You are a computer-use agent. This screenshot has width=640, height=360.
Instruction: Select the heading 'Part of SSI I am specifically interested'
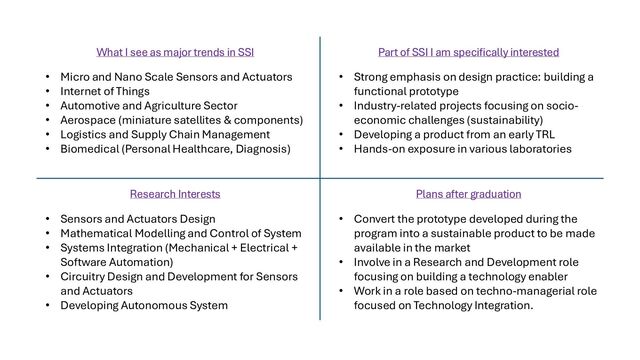[x=468, y=51]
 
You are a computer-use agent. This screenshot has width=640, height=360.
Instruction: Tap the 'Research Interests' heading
[x=174, y=194]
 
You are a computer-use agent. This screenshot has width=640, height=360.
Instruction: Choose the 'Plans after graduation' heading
[x=468, y=194]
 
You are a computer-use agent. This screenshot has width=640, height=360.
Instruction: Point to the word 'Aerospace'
[x=90, y=120]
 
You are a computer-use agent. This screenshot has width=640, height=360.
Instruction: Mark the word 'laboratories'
[x=536, y=149]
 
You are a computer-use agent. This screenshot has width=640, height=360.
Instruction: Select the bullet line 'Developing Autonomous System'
[x=144, y=305]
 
